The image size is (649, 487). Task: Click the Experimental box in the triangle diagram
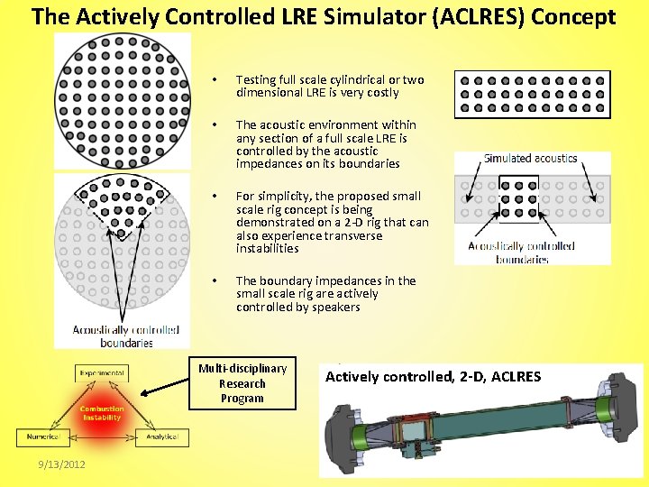pos(102,372)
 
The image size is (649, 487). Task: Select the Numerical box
pos(42,436)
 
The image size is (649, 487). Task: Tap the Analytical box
pos(162,436)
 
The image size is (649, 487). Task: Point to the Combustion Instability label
pos(102,413)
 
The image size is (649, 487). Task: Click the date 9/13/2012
pos(62,464)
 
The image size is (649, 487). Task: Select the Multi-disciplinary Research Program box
pos(242,383)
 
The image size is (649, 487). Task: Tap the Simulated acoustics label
pos(530,159)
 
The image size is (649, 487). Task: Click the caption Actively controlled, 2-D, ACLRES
pos(433,376)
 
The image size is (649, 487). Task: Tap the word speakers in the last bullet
pos(336,307)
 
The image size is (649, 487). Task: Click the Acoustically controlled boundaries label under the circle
pos(126,335)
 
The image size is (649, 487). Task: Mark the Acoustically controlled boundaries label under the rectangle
pos(521,252)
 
